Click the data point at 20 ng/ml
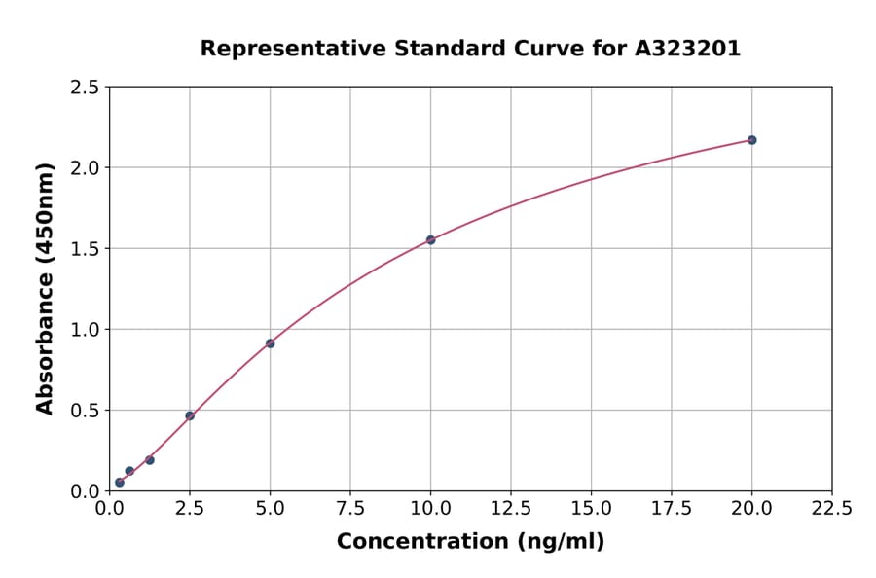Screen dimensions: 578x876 (751, 140)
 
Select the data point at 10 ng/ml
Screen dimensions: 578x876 (430, 240)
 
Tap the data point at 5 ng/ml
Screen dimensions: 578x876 (270, 343)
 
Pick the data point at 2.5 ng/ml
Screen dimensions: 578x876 (190, 415)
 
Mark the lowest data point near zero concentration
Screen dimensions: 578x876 (120, 483)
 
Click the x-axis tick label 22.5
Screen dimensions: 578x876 (831, 508)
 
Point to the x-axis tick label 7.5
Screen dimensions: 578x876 (350, 508)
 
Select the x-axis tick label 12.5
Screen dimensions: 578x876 (510, 508)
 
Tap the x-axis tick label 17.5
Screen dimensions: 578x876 (671, 508)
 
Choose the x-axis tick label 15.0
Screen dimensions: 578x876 (591, 508)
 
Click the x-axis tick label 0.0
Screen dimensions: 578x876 (110, 508)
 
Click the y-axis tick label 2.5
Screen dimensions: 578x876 (86, 88)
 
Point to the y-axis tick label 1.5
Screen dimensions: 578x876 (86, 249)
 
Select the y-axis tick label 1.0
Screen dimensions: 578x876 (86, 330)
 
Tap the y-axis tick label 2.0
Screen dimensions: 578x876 (86, 168)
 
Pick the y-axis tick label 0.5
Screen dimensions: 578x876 (86, 411)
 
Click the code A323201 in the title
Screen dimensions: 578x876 (688, 49)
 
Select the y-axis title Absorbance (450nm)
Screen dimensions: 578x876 (45, 288)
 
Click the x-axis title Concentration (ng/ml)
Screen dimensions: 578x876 (470, 542)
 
